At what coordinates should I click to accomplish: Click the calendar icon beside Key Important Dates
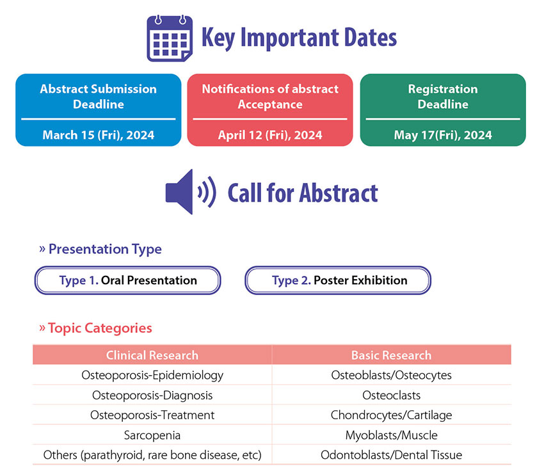pos(170,38)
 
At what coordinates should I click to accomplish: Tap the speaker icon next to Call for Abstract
pos(191,192)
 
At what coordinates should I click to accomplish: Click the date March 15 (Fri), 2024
pos(99,135)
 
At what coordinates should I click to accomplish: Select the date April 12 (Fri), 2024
pos(270,135)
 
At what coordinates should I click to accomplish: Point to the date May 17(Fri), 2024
pos(443,135)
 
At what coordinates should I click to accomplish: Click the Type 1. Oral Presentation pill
pos(127,280)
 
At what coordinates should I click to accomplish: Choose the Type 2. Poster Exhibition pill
pos(338,280)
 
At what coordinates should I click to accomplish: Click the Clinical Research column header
pos(152,355)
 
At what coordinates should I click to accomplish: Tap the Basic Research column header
pos(392,355)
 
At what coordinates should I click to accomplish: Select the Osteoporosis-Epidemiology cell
pos(152,375)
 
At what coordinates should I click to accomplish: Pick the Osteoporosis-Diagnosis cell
pos(152,396)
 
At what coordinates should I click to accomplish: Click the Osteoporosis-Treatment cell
pos(152,415)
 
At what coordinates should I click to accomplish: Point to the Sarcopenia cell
pos(152,435)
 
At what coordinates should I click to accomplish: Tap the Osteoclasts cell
pos(391,396)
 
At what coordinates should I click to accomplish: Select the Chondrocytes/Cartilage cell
pos(391,415)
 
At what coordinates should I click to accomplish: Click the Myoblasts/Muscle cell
pos(391,435)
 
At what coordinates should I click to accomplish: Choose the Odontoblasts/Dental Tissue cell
pos(391,455)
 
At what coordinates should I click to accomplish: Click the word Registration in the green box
pos(443,89)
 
